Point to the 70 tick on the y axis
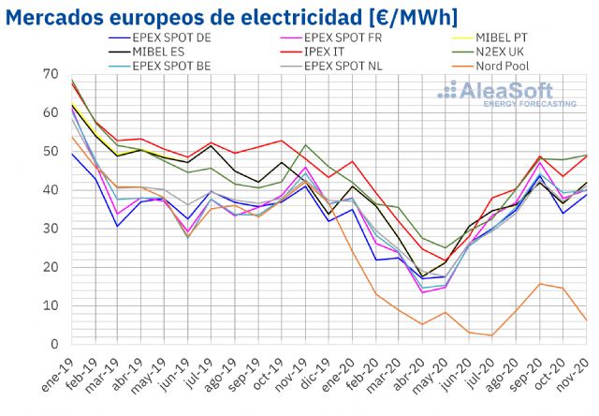[x=51, y=74]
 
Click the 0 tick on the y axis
[x=54, y=344]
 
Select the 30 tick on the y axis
[x=51, y=229]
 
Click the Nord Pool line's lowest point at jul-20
[x=490, y=335]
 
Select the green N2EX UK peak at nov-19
[x=305, y=145]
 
